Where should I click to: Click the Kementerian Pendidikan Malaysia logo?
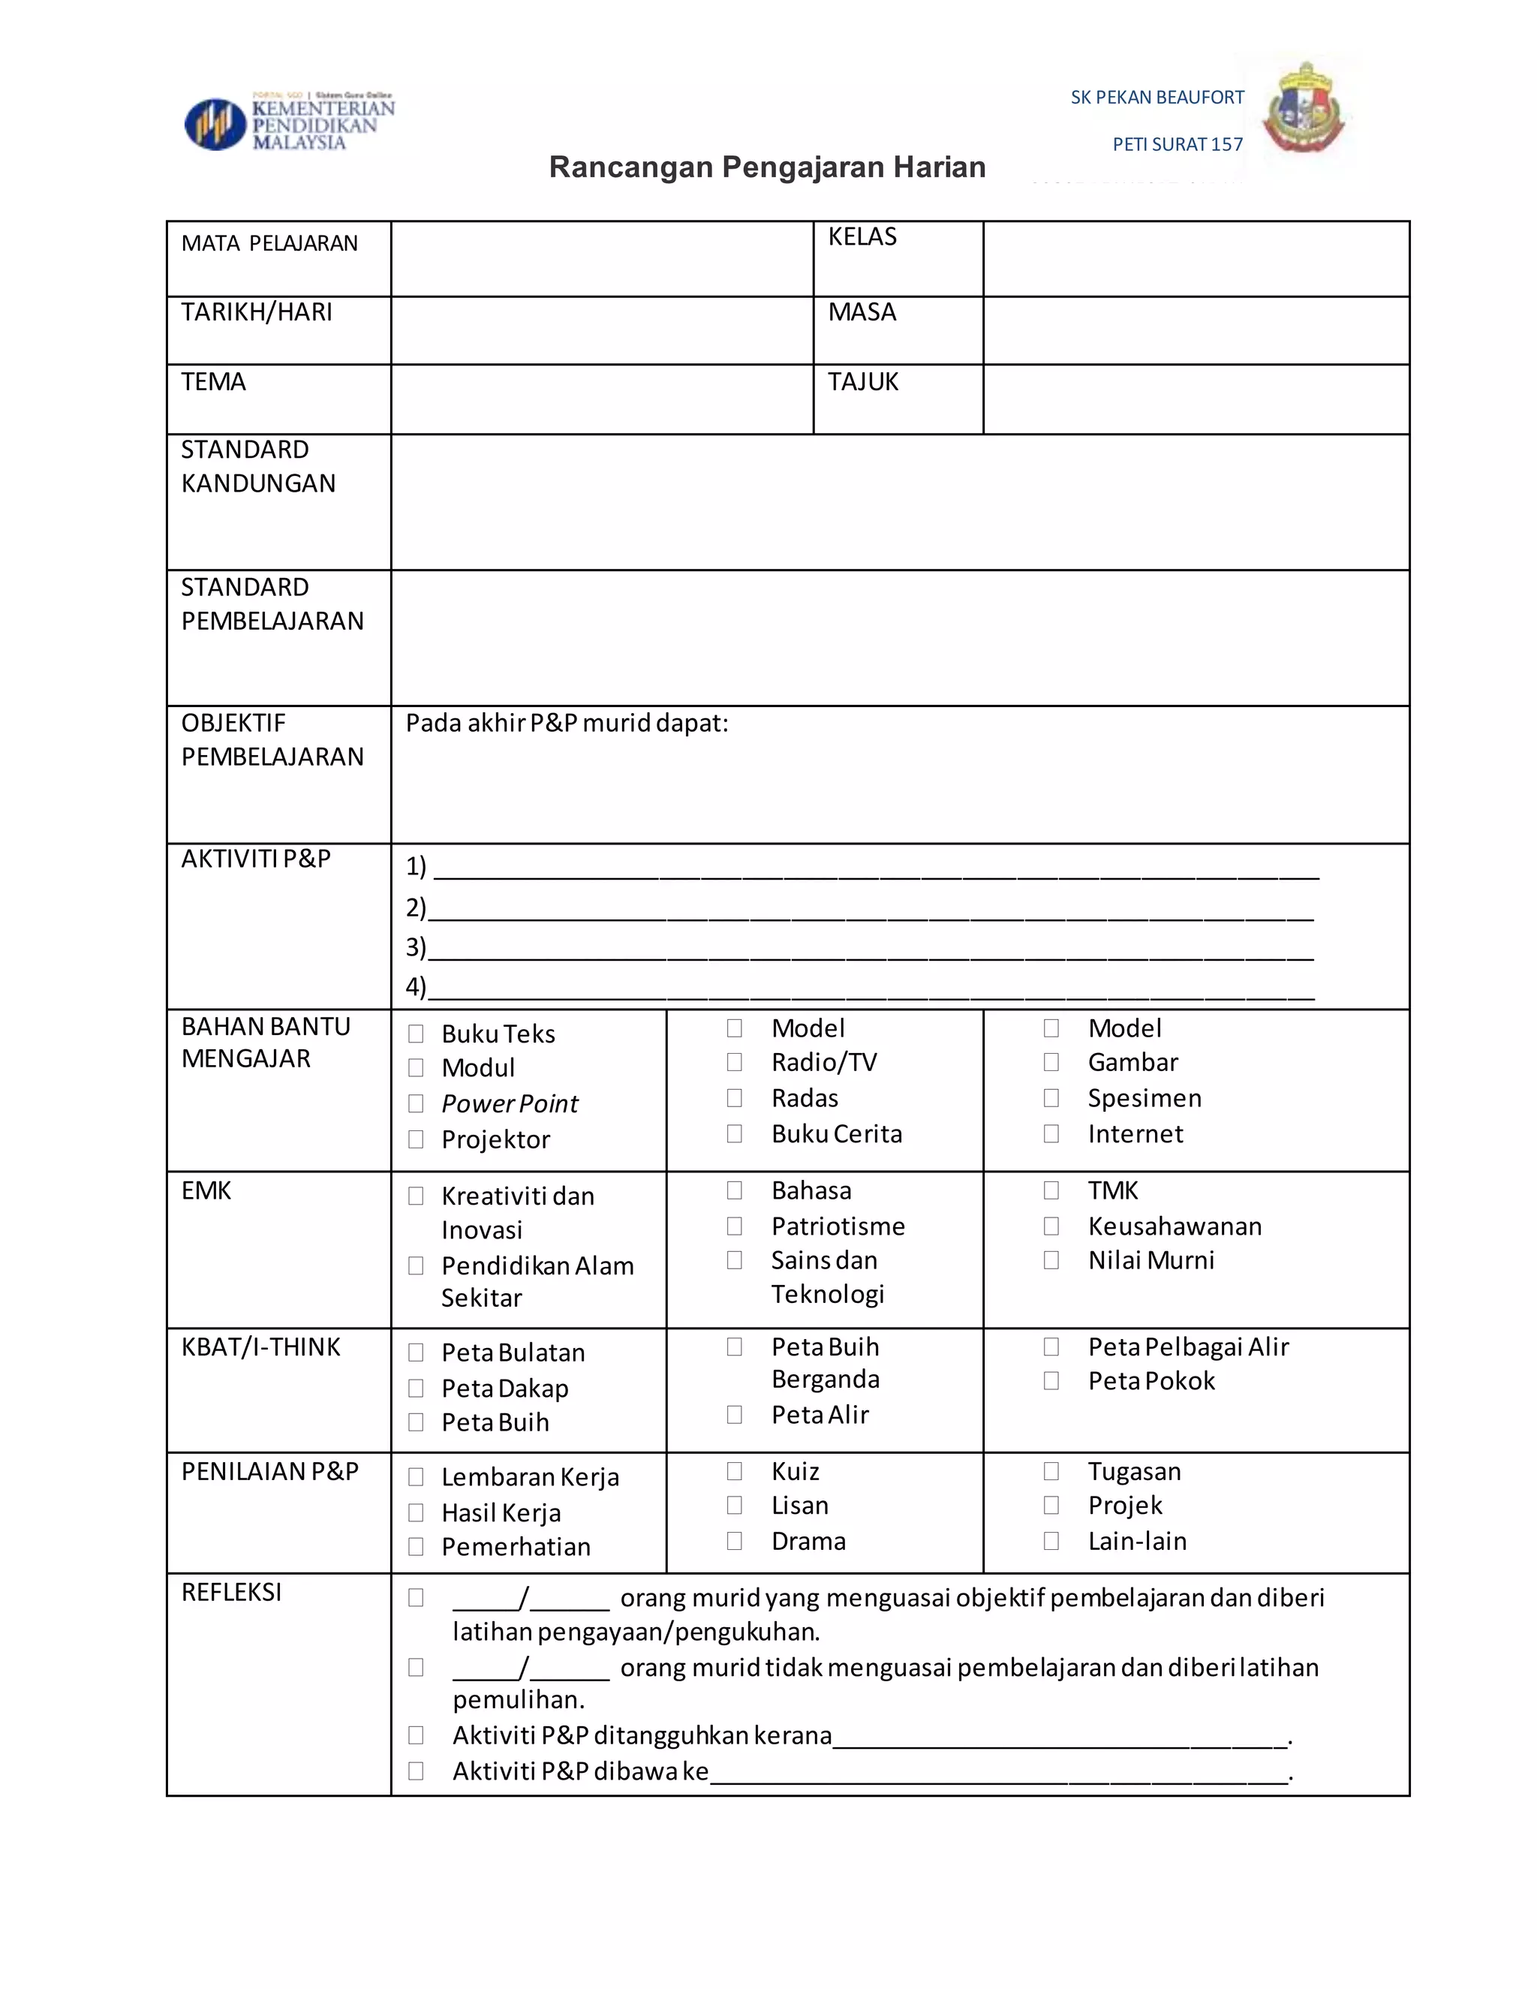(290, 122)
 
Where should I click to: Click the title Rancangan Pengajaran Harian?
(767, 167)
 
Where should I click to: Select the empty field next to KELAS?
(1196, 259)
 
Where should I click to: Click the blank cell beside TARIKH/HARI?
(601, 330)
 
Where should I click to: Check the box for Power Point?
(416, 1104)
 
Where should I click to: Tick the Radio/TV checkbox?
(735, 1062)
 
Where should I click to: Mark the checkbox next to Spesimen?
(1051, 1098)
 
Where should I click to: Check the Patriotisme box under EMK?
(735, 1226)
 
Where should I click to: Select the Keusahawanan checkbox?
(1051, 1226)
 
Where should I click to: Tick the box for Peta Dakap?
(416, 1388)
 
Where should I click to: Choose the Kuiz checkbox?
(735, 1471)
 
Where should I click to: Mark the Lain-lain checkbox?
(1051, 1541)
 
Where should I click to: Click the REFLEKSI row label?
(231, 1592)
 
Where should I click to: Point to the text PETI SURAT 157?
(1177, 144)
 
